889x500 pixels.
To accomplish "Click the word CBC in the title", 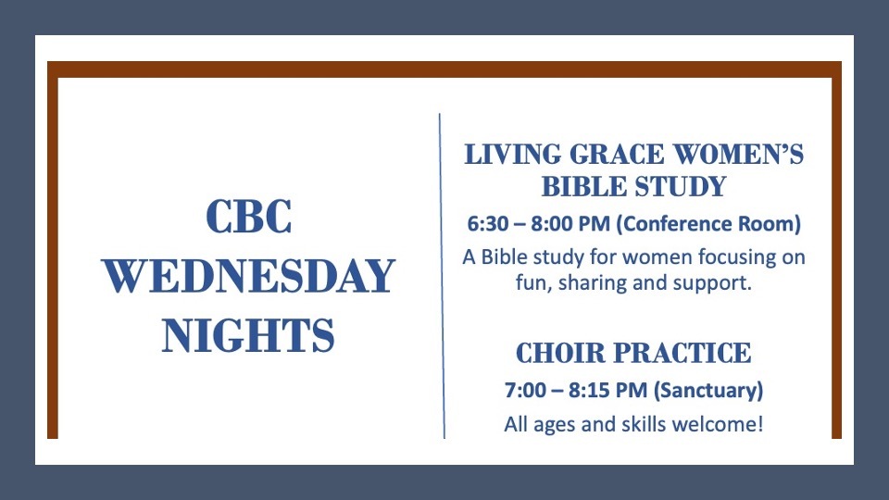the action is click(248, 216).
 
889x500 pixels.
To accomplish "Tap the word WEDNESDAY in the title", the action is click(248, 276).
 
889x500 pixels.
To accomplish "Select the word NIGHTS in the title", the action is click(248, 335).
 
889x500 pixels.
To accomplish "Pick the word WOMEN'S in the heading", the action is click(738, 155).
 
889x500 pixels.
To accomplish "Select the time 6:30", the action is click(488, 224).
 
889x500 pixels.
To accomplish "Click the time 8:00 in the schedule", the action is click(551, 224).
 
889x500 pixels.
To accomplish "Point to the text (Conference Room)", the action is click(708, 224).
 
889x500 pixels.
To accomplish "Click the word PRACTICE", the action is click(682, 353).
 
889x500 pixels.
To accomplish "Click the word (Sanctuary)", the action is click(708, 391).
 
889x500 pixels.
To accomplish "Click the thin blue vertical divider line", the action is click(442, 276).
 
